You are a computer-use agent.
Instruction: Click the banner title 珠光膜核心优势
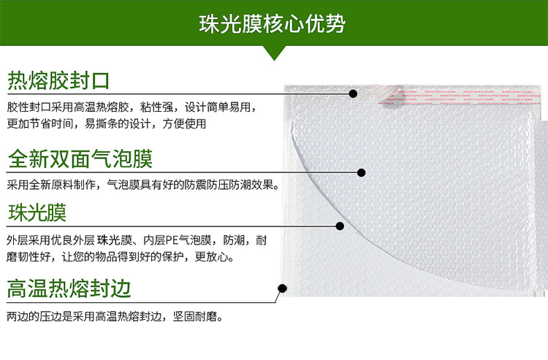273,24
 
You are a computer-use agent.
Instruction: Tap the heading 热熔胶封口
58,80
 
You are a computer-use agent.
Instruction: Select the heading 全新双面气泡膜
80,159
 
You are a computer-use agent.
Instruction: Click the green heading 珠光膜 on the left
37,212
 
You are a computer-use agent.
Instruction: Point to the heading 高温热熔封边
69,288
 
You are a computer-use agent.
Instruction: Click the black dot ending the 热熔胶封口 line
353,93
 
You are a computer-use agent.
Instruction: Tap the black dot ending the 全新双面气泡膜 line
362,172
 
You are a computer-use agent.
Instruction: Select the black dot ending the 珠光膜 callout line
340,226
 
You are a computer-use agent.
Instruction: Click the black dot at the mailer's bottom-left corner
282,288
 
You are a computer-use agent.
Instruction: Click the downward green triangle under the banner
274,53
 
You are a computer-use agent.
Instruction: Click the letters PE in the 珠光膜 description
172,240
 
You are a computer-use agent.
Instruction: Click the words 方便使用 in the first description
184,123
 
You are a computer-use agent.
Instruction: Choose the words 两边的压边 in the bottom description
34,317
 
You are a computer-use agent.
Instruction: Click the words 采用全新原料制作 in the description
51,184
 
